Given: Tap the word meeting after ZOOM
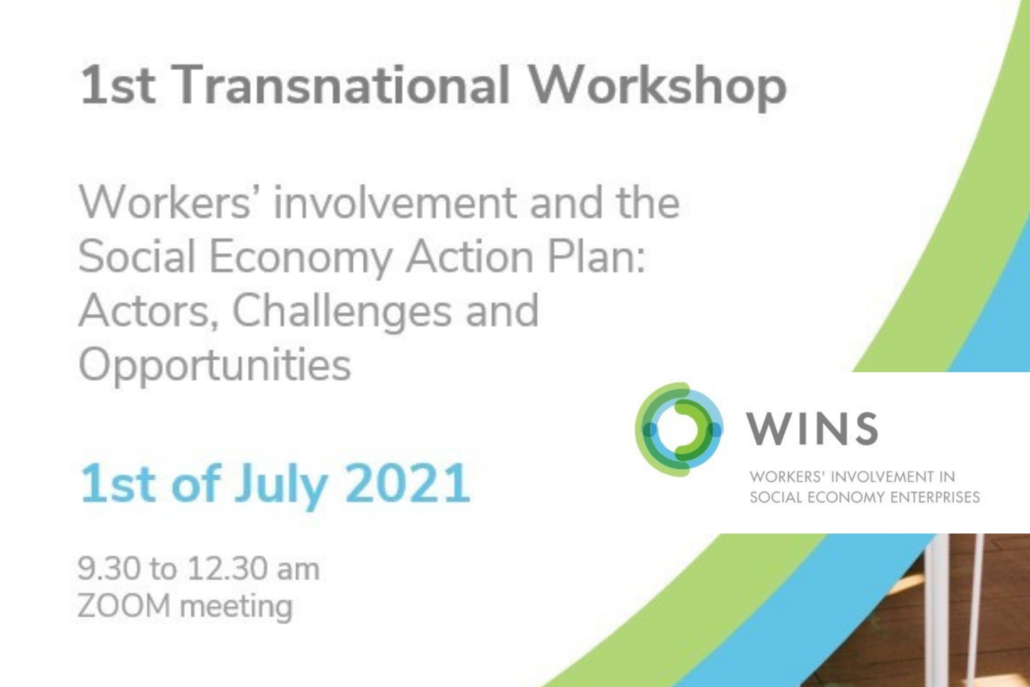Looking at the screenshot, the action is (236, 608).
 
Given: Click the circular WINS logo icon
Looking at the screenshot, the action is (679, 429).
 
